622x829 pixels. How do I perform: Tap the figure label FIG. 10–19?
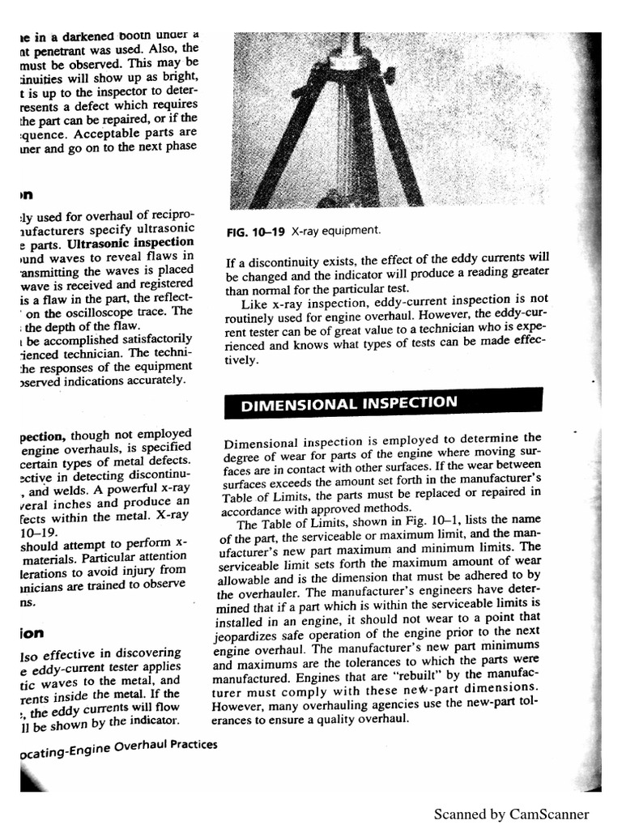257,232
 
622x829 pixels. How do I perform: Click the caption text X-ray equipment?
335,231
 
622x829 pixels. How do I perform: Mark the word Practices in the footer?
189,746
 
